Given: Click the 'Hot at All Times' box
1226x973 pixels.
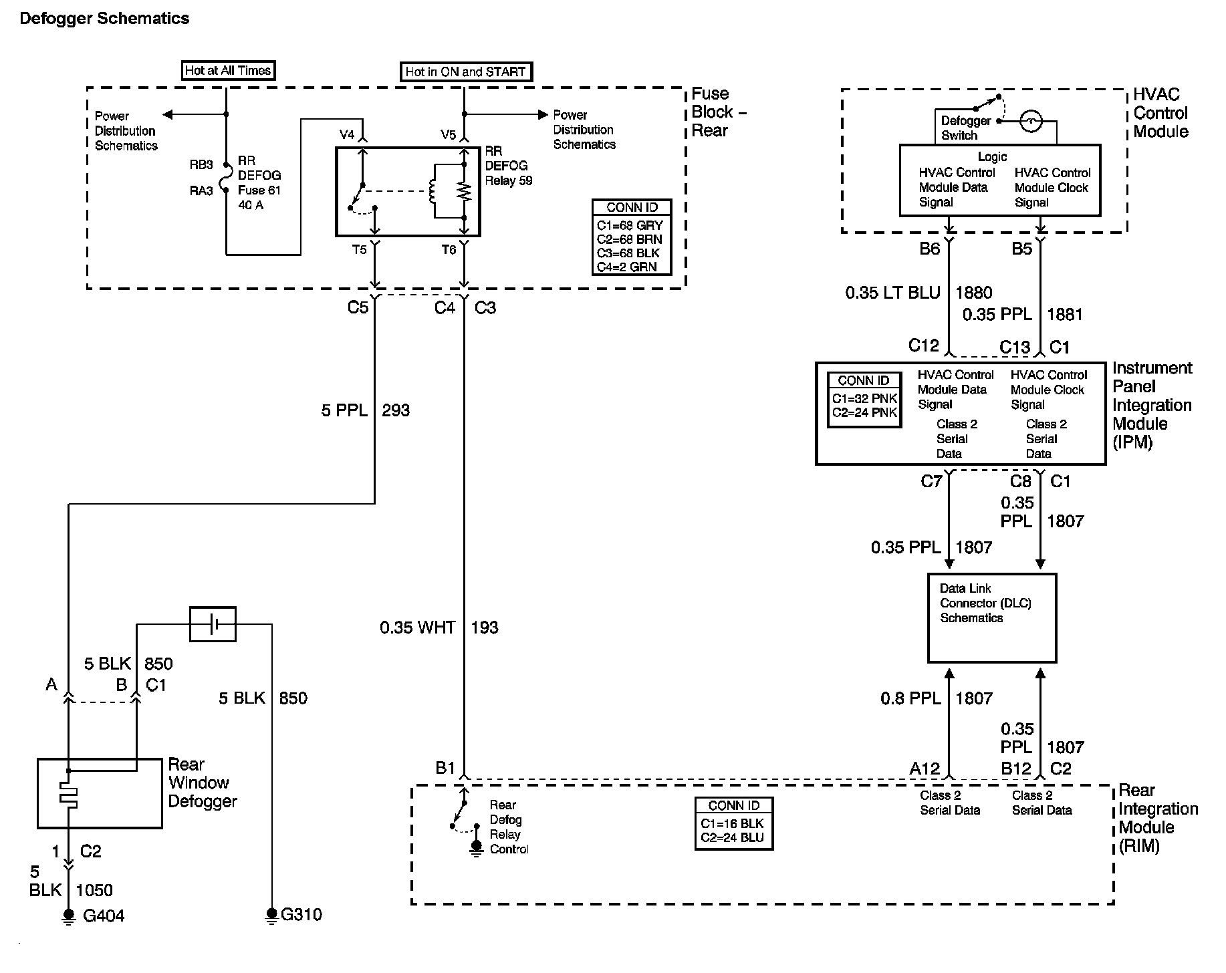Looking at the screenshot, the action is [x=228, y=70].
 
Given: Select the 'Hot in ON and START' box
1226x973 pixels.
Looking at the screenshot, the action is [x=466, y=72].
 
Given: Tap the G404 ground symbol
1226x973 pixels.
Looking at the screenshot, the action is [x=68, y=916].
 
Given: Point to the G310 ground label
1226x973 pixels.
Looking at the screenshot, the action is [x=301, y=914].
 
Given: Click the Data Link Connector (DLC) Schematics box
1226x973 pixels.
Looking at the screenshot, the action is [x=992, y=618].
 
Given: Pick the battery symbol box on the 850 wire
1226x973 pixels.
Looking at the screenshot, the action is [x=213, y=624].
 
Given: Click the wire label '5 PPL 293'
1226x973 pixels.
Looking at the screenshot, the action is [x=365, y=410].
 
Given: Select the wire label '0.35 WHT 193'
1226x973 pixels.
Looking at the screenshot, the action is [x=439, y=628].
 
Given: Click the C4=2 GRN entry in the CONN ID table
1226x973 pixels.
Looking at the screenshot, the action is [x=627, y=267].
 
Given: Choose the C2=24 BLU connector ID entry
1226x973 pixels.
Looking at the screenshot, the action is [x=732, y=838].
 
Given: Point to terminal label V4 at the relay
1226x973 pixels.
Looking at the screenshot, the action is [x=347, y=135].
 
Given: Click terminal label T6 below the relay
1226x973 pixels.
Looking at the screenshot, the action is [x=449, y=249].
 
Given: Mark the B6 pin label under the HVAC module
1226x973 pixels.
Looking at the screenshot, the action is [x=930, y=249].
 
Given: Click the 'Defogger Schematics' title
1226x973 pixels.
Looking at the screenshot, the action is [x=104, y=19].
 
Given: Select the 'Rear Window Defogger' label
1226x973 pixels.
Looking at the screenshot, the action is [x=203, y=783].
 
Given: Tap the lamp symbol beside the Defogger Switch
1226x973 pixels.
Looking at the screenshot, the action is [x=1031, y=121].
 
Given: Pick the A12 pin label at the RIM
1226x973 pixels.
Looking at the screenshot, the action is [x=925, y=769].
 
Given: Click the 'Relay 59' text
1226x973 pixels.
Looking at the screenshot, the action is [x=509, y=180].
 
